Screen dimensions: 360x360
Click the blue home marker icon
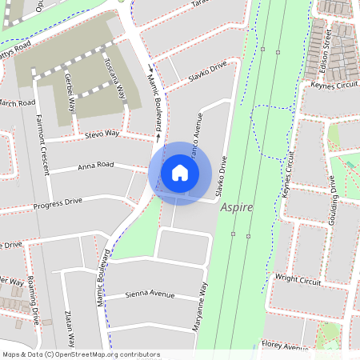[180, 173]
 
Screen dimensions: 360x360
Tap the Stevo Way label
[101, 135]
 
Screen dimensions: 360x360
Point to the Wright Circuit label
[298, 281]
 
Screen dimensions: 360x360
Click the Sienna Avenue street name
[150, 294]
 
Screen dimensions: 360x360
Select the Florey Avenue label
[284, 346]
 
